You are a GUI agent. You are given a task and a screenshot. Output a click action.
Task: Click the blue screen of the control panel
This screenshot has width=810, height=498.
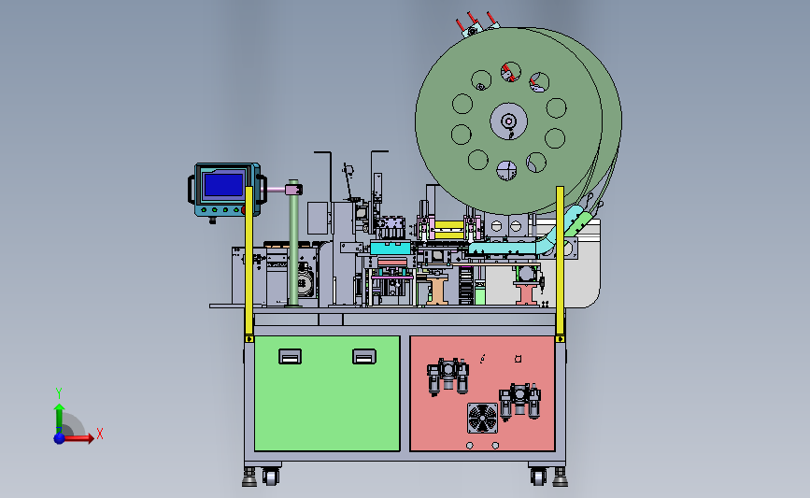pos(223,185)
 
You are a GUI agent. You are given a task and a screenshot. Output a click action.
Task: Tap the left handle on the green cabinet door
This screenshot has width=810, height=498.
pos(290,357)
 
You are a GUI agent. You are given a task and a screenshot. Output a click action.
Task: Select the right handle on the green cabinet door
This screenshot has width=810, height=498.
pos(364,357)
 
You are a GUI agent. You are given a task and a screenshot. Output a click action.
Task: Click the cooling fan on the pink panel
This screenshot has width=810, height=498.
pos(482,418)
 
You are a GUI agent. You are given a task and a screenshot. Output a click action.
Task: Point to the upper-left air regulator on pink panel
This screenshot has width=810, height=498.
pos(448,377)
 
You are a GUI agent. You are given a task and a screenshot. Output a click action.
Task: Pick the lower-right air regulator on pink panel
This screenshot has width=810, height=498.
pos(519,402)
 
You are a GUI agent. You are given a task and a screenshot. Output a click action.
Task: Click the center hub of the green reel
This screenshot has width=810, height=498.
pos(509,121)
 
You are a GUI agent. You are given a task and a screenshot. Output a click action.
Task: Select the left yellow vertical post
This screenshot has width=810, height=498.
pos(249,263)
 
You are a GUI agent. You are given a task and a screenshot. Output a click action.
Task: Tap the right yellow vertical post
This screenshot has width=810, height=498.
pos(560,263)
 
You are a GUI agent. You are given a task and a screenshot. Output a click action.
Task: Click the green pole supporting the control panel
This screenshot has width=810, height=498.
pos(293,243)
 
